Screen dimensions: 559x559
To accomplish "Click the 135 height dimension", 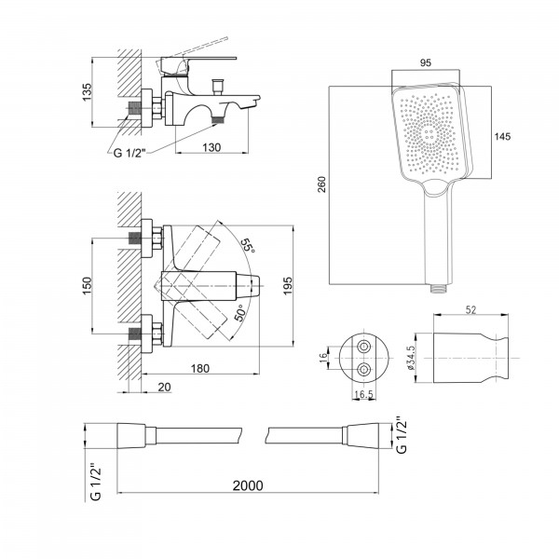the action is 87,92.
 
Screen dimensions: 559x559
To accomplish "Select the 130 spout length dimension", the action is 211,147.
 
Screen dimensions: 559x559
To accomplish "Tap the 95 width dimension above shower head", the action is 426,62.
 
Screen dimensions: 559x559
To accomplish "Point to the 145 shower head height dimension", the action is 502,137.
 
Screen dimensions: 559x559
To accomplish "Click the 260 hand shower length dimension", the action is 322,184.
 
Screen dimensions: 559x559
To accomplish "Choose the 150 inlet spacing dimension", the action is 87,286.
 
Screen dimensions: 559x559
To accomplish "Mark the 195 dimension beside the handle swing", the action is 287,286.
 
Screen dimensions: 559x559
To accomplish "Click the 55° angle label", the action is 248,246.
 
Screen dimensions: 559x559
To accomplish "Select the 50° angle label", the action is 241,313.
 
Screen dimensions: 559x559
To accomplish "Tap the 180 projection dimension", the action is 200,368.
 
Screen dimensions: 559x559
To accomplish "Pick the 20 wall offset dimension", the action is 164,387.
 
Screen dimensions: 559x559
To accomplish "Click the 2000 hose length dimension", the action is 248,485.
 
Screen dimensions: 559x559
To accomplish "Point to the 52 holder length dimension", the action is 470,310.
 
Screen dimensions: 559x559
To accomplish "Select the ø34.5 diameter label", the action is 411,358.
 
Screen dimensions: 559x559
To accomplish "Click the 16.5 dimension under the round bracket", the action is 363,394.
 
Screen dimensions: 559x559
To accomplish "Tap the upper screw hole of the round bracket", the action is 364,347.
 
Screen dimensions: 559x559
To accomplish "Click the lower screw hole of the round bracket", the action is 364,370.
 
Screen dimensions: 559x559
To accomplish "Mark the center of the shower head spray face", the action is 429,133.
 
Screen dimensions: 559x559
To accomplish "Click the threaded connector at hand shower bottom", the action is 439,288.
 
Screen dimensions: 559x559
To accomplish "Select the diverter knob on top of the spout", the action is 217,87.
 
